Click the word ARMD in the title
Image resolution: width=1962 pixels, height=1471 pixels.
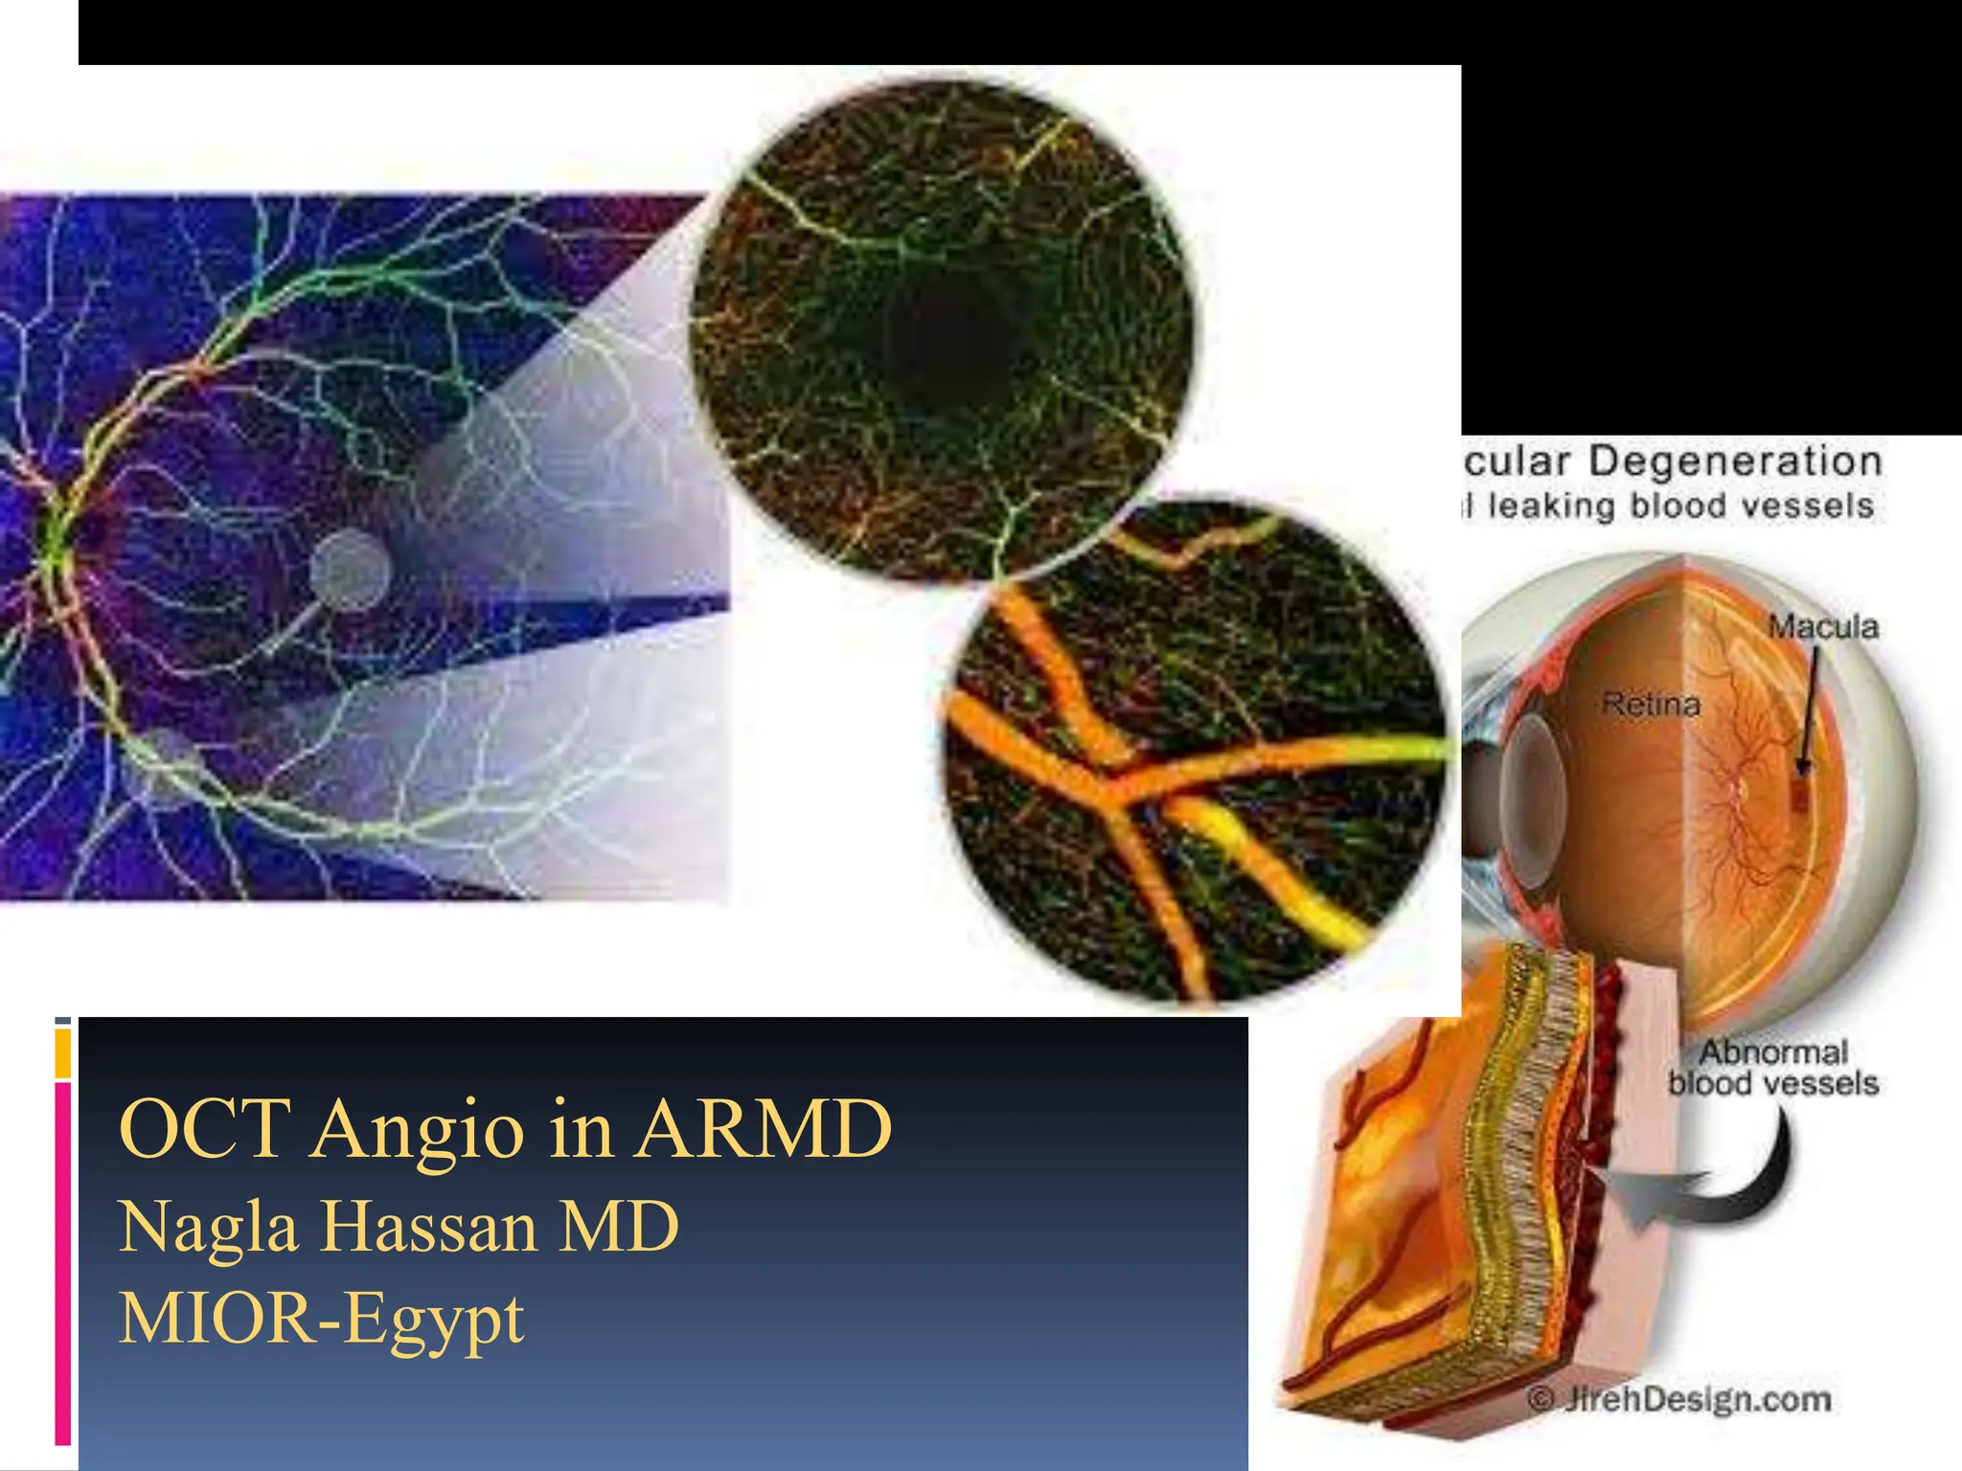pyautogui.click(x=764, y=1129)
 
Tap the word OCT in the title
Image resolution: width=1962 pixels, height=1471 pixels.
pyautogui.click(x=205, y=1129)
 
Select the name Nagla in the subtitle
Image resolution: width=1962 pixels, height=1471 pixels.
pyautogui.click(x=209, y=1227)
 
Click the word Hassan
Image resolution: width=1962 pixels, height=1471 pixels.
pyautogui.click(x=428, y=1227)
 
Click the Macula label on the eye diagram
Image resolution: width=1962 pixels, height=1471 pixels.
pyautogui.click(x=1822, y=627)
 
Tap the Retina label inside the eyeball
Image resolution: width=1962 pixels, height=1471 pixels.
pyautogui.click(x=1651, y=705)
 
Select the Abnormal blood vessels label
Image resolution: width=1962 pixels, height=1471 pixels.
pyautogui.click(x=1772, y=1068)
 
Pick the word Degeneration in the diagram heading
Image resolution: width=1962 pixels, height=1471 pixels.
pyautogui.click(x=1735, y=462)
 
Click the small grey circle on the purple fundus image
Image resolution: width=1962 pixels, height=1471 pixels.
pyautogui.click(x=350, y=571)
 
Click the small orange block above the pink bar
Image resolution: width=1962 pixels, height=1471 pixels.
pyautogui.click(x=62, y=1052)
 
